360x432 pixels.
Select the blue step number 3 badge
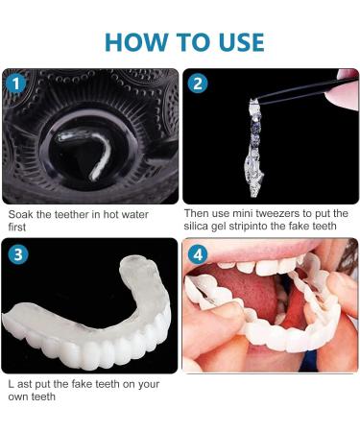17,254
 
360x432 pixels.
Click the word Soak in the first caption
20,214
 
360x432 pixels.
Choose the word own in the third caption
19,396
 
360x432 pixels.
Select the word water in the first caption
132,214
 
